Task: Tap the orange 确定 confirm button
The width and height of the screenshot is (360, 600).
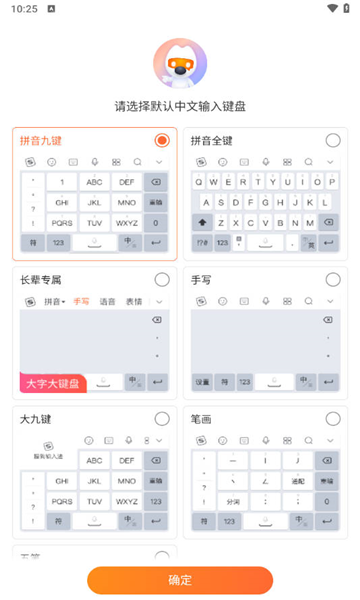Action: (180, 580)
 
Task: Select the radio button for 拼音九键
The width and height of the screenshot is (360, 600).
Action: (162, 140)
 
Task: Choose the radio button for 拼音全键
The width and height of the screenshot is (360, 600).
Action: (332, 140)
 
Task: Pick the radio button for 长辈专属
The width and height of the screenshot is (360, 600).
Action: (162, 279)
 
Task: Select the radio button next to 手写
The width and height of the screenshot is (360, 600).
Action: (332, 279)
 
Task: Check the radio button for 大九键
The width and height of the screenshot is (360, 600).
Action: (162, 418)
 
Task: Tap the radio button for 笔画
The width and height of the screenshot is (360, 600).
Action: (332, 418)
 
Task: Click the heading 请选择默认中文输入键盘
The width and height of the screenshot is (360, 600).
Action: (180, 106)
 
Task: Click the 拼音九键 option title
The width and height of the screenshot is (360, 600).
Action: (41, 140)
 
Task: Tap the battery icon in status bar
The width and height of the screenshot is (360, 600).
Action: (346, 9)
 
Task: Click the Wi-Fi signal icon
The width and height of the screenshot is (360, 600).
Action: (331, 9)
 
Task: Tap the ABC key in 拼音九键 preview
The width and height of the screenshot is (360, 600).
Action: (94, 182)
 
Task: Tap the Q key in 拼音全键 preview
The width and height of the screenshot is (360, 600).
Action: (198, 182)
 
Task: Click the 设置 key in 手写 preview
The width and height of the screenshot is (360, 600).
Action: (202, 382)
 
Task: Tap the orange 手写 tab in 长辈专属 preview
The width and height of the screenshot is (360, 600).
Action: (81, 301)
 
